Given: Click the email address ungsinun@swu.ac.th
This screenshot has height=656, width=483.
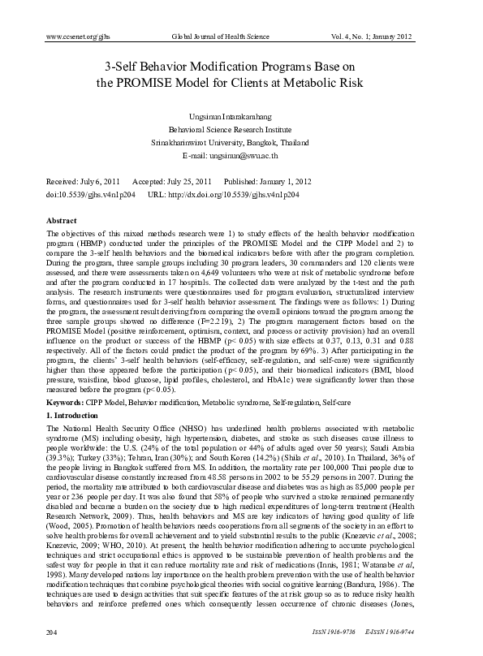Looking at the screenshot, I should (241, 154).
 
